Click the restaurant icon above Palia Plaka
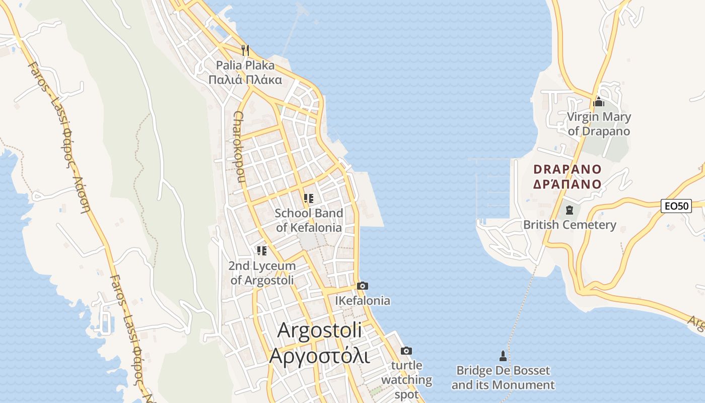tap(245, 50)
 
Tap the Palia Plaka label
tap(245, 73)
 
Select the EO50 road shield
tap(676, 206)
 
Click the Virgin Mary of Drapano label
tap(599, 124)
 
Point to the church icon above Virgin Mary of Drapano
tap(599, 102)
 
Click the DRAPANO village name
tap(568, 176)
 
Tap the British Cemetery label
tap(570, 225)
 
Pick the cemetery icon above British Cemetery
tap(570, 210)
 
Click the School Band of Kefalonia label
tap(309, 220)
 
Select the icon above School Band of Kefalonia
tap(309, 198)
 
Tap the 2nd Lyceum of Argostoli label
tap(262, 273)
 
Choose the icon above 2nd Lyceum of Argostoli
tap(261, 250)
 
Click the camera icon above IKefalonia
tap(362, 286)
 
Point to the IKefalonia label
tap(363, 301)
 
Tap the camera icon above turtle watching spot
tap(406, 351)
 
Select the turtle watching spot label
tap(406, 380)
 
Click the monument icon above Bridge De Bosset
tap(503, 356)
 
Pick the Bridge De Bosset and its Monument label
tap(503, 378)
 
